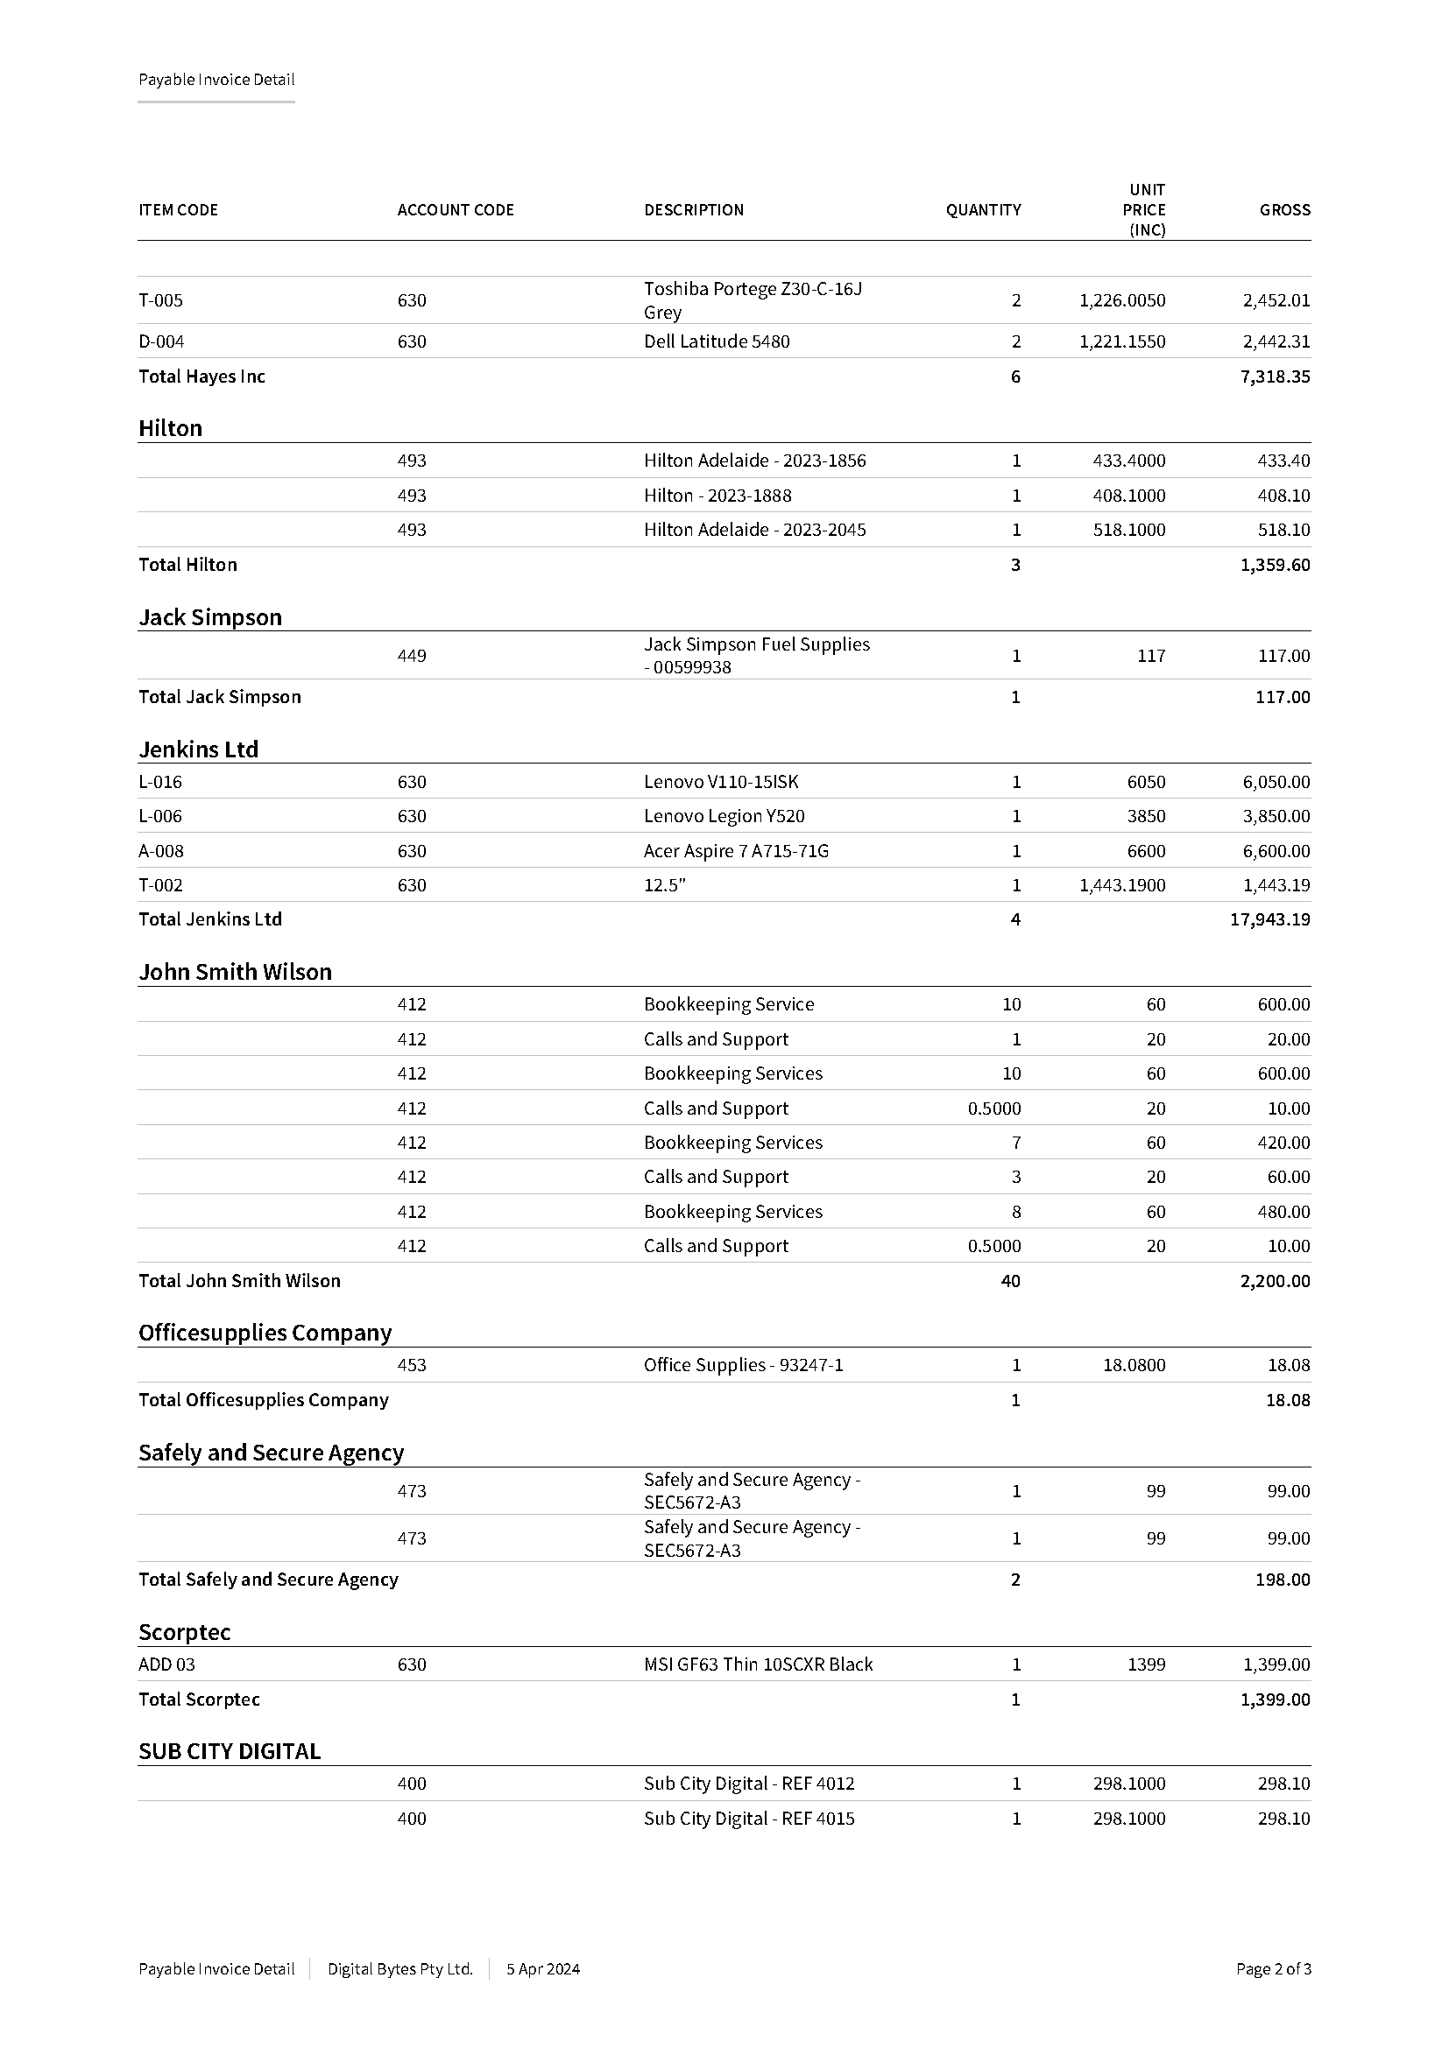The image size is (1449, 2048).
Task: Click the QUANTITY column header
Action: (x=982, y=209)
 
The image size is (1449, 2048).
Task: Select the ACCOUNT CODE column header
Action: (x=455, y=209)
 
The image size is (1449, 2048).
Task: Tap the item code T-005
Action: (x=160, y=300)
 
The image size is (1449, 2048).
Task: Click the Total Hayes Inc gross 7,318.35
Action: (x=1274, y=377)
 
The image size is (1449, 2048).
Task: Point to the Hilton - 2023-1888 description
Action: (x=717, y=495)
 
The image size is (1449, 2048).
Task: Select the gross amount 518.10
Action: (x=1283, y=530)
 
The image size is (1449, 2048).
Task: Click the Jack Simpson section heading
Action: (x=209, y=617)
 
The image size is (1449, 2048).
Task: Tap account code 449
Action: (x=412, y=656)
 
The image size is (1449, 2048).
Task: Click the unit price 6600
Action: (x=1146, y=851)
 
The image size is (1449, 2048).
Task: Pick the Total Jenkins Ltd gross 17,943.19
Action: (x=1269, y=919)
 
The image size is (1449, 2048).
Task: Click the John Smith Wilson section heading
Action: (x=235, y=971)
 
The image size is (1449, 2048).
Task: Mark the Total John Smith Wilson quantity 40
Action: (x=1010, y=1281)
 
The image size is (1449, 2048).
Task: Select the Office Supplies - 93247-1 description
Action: (x=743, y=1365)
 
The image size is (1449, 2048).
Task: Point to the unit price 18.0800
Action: (x=1133, y=1365)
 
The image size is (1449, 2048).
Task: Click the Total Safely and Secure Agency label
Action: (x=268, y=1580)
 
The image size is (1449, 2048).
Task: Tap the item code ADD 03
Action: (x=166, y=1664)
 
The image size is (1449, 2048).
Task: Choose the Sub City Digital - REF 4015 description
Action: (x=748, y=1819)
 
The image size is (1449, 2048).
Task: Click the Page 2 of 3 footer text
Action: (x=1272, y=1968)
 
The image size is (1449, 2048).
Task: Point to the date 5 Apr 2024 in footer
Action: (x=542, y=1968)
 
